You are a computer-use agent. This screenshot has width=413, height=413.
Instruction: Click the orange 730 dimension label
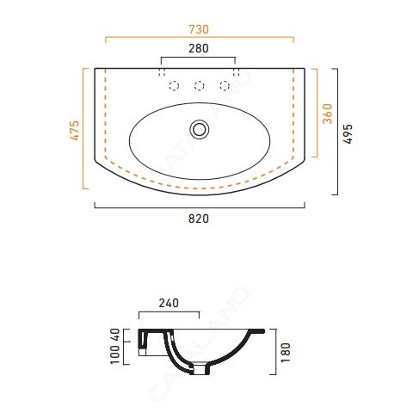199,29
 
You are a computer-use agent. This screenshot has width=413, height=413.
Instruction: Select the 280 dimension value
199,48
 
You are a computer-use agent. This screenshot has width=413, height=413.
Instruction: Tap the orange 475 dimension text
75,131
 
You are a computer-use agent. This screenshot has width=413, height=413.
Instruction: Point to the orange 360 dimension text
327,114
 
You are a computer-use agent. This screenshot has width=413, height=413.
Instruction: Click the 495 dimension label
348,134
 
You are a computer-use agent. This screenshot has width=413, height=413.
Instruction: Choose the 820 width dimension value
199,219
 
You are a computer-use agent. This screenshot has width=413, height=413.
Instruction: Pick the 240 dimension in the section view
169,303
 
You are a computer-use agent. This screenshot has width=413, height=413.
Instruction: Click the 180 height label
286,353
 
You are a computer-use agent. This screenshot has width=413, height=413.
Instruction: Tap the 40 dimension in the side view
115,335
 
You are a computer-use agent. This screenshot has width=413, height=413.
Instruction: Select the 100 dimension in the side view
115,354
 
